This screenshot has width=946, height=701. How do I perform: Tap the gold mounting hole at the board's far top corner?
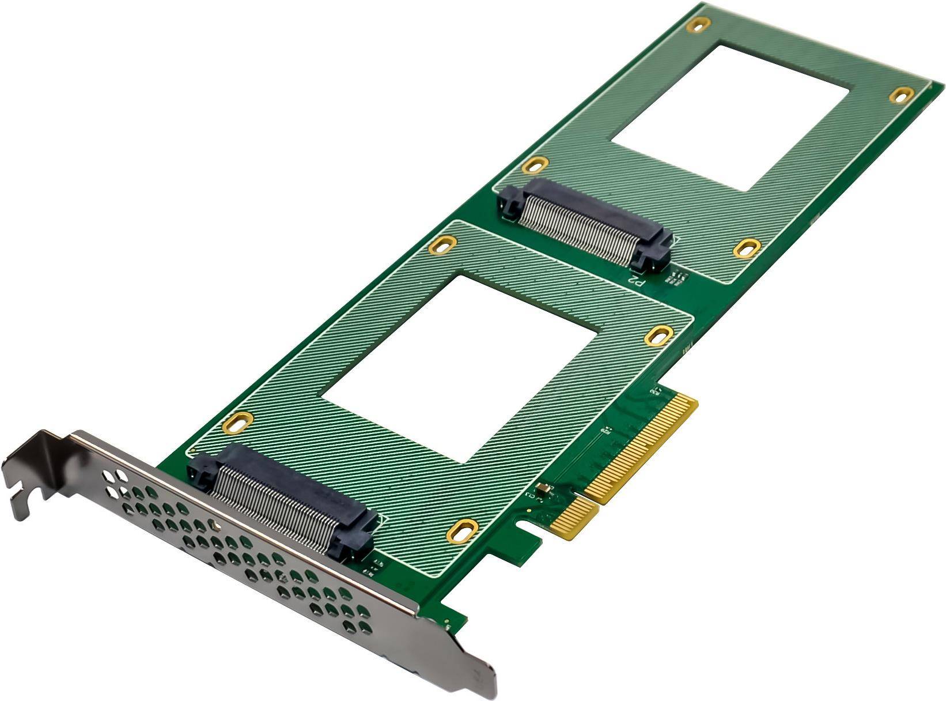tap(698, 25)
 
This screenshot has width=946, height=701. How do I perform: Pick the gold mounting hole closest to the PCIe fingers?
tap(659, 335)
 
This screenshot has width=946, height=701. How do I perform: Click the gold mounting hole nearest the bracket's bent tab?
tap(237, 422)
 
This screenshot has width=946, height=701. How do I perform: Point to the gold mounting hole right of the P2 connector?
tap(747, 248)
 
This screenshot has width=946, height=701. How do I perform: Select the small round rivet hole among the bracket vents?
tap(215, 525)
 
